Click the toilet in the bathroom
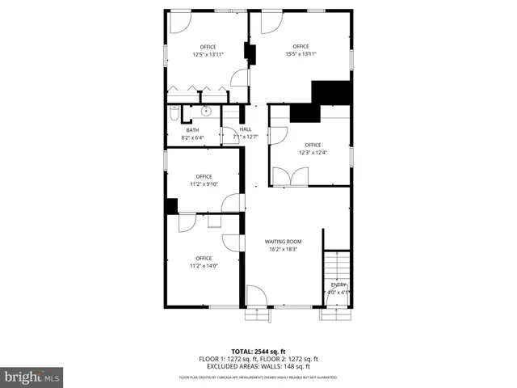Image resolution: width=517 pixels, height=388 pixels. point(174,115)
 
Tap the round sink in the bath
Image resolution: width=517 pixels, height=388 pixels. point(205,112)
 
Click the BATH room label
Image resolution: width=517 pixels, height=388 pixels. point(192,130)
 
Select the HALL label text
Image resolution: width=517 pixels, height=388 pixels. point(246,129)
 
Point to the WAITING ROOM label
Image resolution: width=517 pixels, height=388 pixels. point(284,242)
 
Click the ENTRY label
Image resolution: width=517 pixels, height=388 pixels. point(338,285)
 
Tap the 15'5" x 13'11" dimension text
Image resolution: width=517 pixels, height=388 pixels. point(301,54)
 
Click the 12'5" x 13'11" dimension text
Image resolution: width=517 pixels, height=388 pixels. point(208,54)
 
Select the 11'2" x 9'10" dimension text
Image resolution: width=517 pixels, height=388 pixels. point(204,184)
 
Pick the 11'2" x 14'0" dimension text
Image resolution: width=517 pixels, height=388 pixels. point(204,266)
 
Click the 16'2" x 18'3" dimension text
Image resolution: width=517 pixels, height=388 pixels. point(284,249)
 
